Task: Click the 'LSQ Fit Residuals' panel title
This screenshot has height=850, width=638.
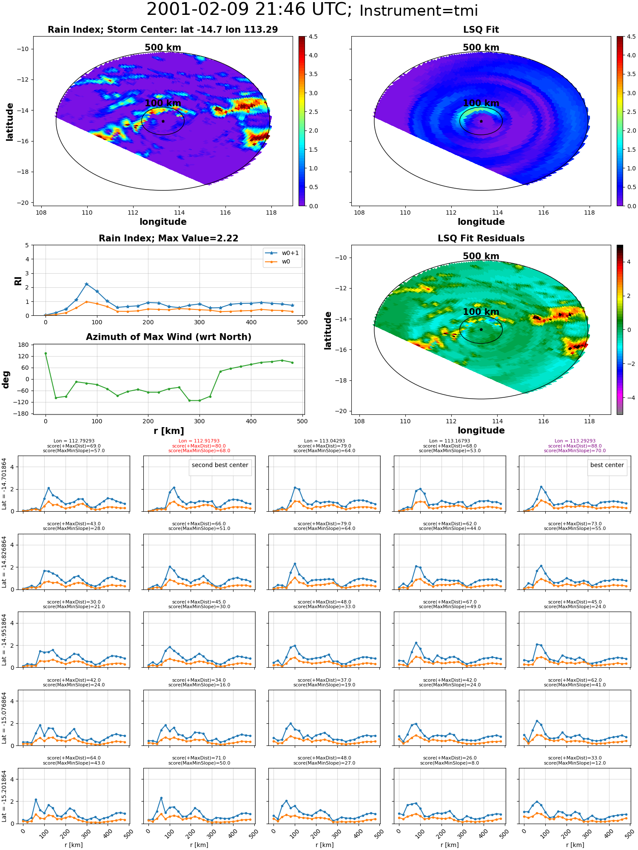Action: click(481, 238)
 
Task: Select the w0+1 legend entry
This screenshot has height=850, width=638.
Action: click(282, 253)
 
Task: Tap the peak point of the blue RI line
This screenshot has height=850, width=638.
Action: click(86, 284)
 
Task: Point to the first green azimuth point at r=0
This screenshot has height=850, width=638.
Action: click(46, 353)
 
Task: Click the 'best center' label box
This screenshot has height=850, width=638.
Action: click(607, 465)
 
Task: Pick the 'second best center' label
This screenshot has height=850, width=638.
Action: click(220, 465)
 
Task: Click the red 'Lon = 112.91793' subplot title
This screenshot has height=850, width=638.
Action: click(199, 441)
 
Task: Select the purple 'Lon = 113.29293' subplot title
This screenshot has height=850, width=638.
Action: click(575, 441)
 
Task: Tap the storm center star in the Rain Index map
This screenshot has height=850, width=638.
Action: click(163, 121)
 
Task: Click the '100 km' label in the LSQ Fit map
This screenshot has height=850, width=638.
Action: click(481, 103)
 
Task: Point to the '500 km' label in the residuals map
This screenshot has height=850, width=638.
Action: click(481, 256)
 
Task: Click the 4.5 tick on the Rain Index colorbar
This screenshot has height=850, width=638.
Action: click(313, 37)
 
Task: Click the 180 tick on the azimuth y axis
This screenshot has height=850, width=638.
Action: click(23, 345)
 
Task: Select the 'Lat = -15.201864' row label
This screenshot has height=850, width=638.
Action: click(4, 796)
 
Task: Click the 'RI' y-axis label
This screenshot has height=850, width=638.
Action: click(18, 280)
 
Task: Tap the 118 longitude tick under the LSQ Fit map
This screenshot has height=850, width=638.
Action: click(589, 212)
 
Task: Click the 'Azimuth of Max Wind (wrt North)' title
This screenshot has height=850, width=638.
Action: click(168, 337)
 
